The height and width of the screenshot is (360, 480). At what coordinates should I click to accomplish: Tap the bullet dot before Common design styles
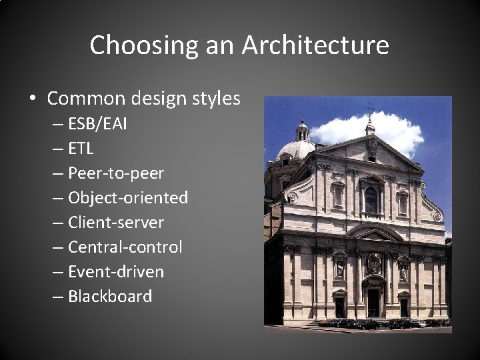click(x=33, y=99)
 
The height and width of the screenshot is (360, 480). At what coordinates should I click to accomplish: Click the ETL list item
click(x=82, y=149)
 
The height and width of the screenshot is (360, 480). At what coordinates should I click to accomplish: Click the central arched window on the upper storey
click(x=371, y=200)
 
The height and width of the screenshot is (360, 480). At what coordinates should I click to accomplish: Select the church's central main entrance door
click(x=372, y=302)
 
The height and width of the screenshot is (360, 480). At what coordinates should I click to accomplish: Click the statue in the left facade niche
click(x=339, y=269)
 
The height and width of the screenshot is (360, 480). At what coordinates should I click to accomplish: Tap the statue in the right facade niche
click(x=403, y=271)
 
